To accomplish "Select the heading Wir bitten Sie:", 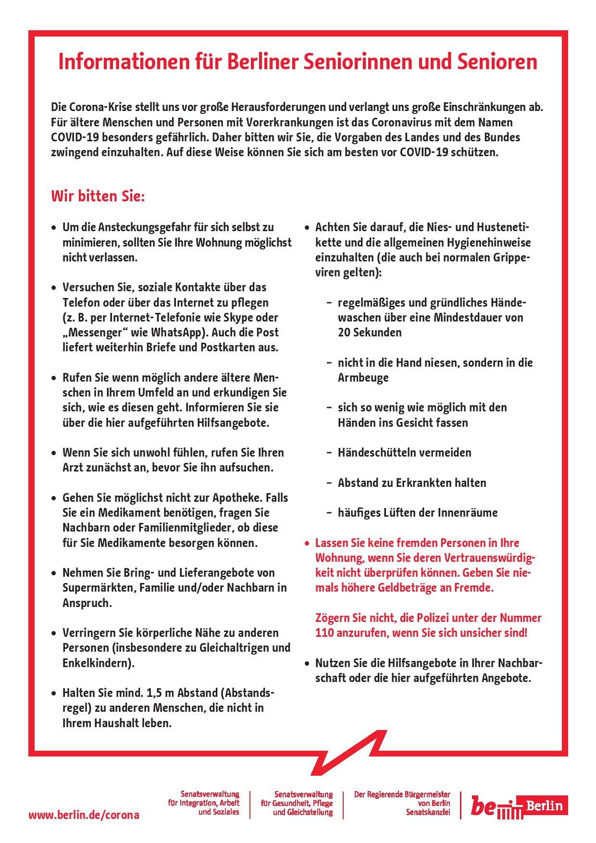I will click(x=98, y=197).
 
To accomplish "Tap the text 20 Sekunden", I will click(x=370, y=333).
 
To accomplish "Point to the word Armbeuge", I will click(x=363, y=378).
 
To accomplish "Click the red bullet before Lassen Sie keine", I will click(x=308, y=544).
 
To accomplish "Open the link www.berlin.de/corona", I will click(x=84, y=815).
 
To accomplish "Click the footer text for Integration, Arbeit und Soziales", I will click(x=204, y=803).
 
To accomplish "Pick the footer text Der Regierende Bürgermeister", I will click(x=402, y=795).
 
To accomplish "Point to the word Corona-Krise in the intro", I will click(x=99, y=107).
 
